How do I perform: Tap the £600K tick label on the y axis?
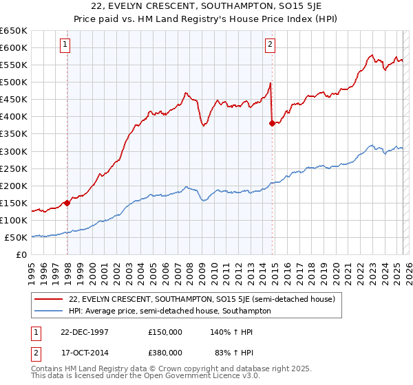14,47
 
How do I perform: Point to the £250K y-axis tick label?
14,168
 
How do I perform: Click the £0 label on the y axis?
21,254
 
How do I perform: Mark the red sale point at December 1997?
67,202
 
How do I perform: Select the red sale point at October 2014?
272,123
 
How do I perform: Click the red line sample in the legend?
50,299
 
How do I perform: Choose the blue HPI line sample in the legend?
50,311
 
